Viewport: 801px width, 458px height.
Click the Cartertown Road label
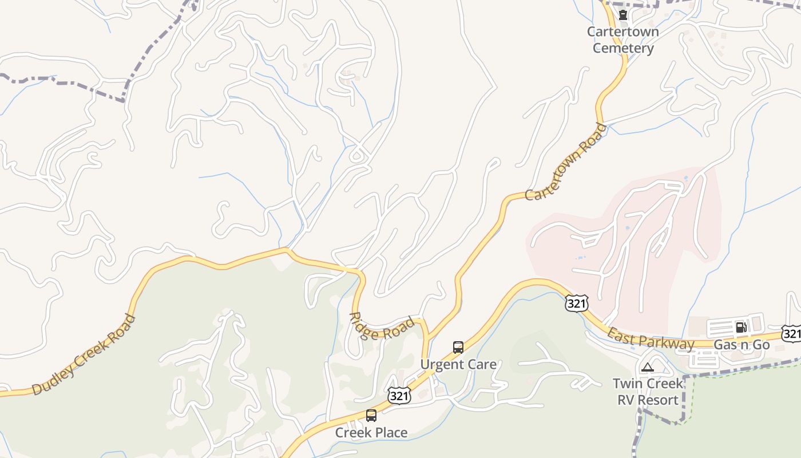[565, 162]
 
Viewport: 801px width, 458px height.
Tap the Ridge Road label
[382, 327]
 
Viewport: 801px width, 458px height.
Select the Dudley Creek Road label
[84, 354]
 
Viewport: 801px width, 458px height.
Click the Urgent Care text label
[458, 364]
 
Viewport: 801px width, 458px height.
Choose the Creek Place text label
[371, 432]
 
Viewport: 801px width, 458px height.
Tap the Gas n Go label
[741, 345]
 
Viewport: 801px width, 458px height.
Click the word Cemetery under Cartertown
[623, 48]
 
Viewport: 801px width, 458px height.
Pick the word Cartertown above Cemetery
[623, 31]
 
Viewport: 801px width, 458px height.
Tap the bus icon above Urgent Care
[458, 347]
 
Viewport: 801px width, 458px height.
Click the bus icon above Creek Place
[371, 416]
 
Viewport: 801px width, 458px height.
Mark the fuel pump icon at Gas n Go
[741, 327]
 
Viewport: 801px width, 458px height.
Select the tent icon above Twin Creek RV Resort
[647, 367]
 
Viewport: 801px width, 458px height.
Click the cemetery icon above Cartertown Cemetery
[623, 15]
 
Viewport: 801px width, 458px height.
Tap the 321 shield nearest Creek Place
[399, 395]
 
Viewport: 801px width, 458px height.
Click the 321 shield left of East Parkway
[576, 303]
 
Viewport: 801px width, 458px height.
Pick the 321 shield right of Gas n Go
[792, 333]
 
